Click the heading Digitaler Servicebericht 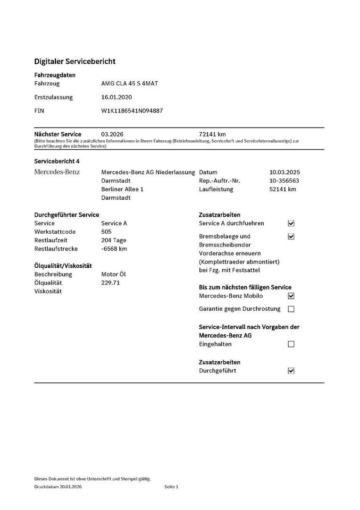click(x=75, y=61)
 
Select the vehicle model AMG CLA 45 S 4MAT click(x=130, y=84)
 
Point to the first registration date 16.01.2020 click(x=117, y=97)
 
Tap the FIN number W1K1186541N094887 click(x=132, y=111)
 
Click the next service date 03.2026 click(x=112, y=134)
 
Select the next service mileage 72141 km click(x=213, y=134)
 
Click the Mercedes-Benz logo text click(x=57, y=172)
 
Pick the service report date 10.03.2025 click(x=285, y=172)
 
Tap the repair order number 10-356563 click(x=284, y=181)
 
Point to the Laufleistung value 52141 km click(x=283, y=189)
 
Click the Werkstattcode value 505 click(x=107, y=232)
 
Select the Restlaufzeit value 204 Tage click(x=114, y=240)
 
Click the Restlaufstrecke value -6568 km click(x=114, y=249)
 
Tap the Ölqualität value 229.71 click(x=111, y=283)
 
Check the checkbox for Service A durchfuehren click(x=291, y=223)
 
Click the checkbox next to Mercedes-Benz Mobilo click(x=291, y=296)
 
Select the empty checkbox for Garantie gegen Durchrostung click(x=291, y=309)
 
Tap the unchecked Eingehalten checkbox click(x=291, y=344)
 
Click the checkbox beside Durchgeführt click(x=291, y=371)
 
